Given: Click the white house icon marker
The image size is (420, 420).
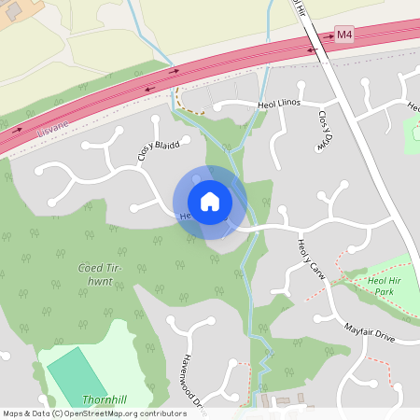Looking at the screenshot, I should [x=210, y=202].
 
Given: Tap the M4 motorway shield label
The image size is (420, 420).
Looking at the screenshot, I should [x=344, y=35].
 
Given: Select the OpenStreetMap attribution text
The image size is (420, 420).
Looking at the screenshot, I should [x=93, y=413].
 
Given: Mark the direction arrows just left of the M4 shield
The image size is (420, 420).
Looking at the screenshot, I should [x=311, y=47].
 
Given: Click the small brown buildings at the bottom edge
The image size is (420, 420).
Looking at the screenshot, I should [x=285, y=403].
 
